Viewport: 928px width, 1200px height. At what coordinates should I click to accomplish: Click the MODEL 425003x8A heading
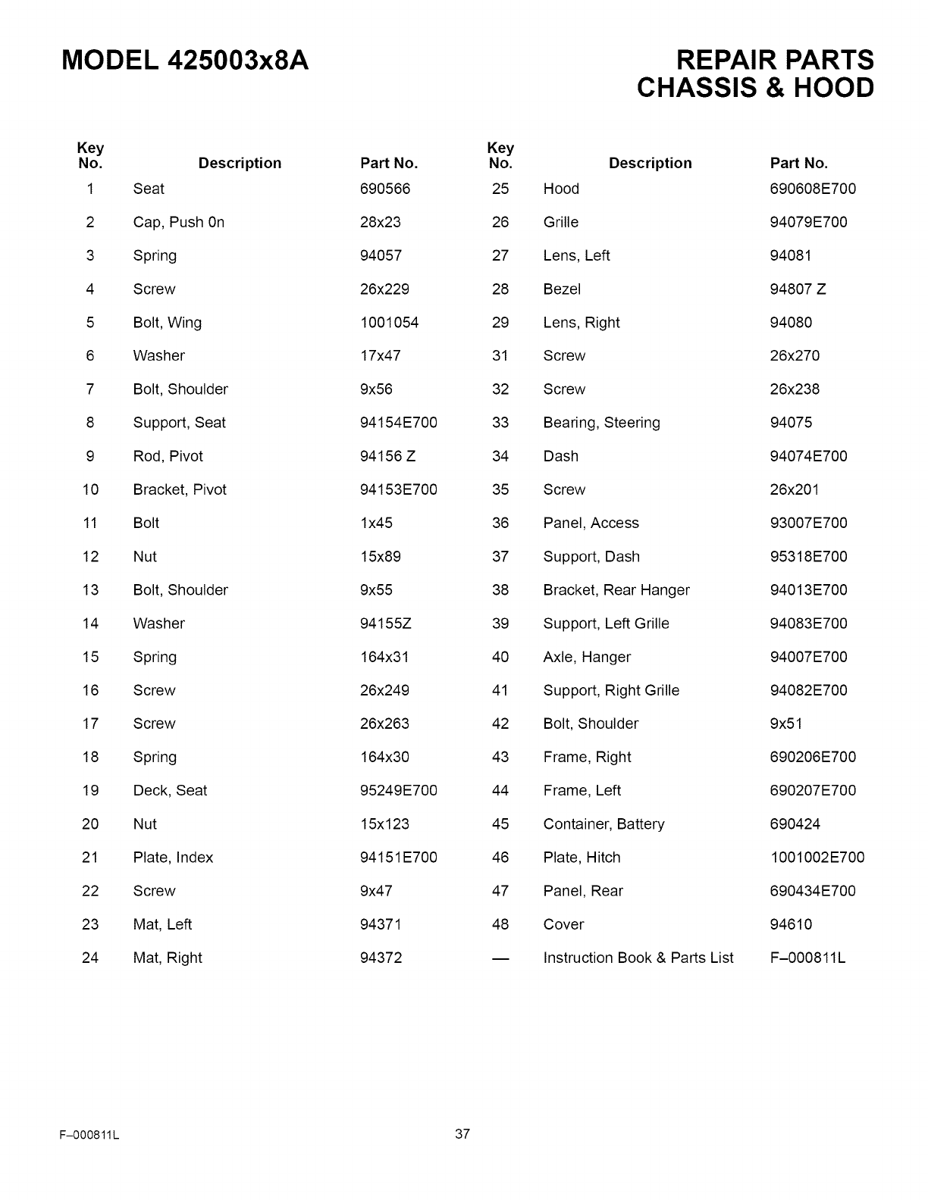click(x=185, y=60)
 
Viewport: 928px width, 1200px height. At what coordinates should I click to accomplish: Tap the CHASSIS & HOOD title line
click(x=755, y=88)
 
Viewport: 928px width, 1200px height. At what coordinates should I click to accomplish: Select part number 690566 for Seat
click(x=385, y=189)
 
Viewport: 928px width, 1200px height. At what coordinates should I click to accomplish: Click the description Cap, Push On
click(x=179, y=222)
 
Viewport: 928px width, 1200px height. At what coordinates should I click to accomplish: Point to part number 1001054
click(x=389, y=323)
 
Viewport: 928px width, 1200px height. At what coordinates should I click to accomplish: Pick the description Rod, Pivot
click(x=168, y=456)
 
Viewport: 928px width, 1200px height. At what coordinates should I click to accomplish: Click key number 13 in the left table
click(x=90, y=590)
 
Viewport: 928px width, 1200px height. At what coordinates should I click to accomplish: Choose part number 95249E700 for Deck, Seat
click(x=399, y=791)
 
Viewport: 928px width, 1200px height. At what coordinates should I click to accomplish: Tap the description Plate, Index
click(x=173, y=858)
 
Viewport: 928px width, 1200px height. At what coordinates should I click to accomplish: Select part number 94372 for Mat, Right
click(x=381, y=958)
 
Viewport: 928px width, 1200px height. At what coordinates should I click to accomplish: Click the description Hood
click(x=561, y=189)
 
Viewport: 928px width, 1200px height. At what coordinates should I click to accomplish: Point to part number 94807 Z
click(x=798, y=289)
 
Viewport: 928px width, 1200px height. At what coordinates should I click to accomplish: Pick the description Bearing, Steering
click(x=601, y=423)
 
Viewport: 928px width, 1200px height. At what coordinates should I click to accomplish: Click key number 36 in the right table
click(x=500, y=523)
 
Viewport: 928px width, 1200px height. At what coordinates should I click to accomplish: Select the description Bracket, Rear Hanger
click(x=616, y=590)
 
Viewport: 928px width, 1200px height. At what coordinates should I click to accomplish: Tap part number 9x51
click(x=785, y=723)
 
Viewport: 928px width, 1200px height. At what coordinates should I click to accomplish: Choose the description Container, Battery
click(x=604, y=824)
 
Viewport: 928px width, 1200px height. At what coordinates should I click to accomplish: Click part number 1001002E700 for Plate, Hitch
click(x=817, y=858)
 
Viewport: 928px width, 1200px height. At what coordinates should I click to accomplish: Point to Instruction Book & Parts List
click(x=638, y=958)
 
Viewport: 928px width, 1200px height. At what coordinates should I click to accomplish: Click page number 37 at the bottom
click(x=462, y=1134)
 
